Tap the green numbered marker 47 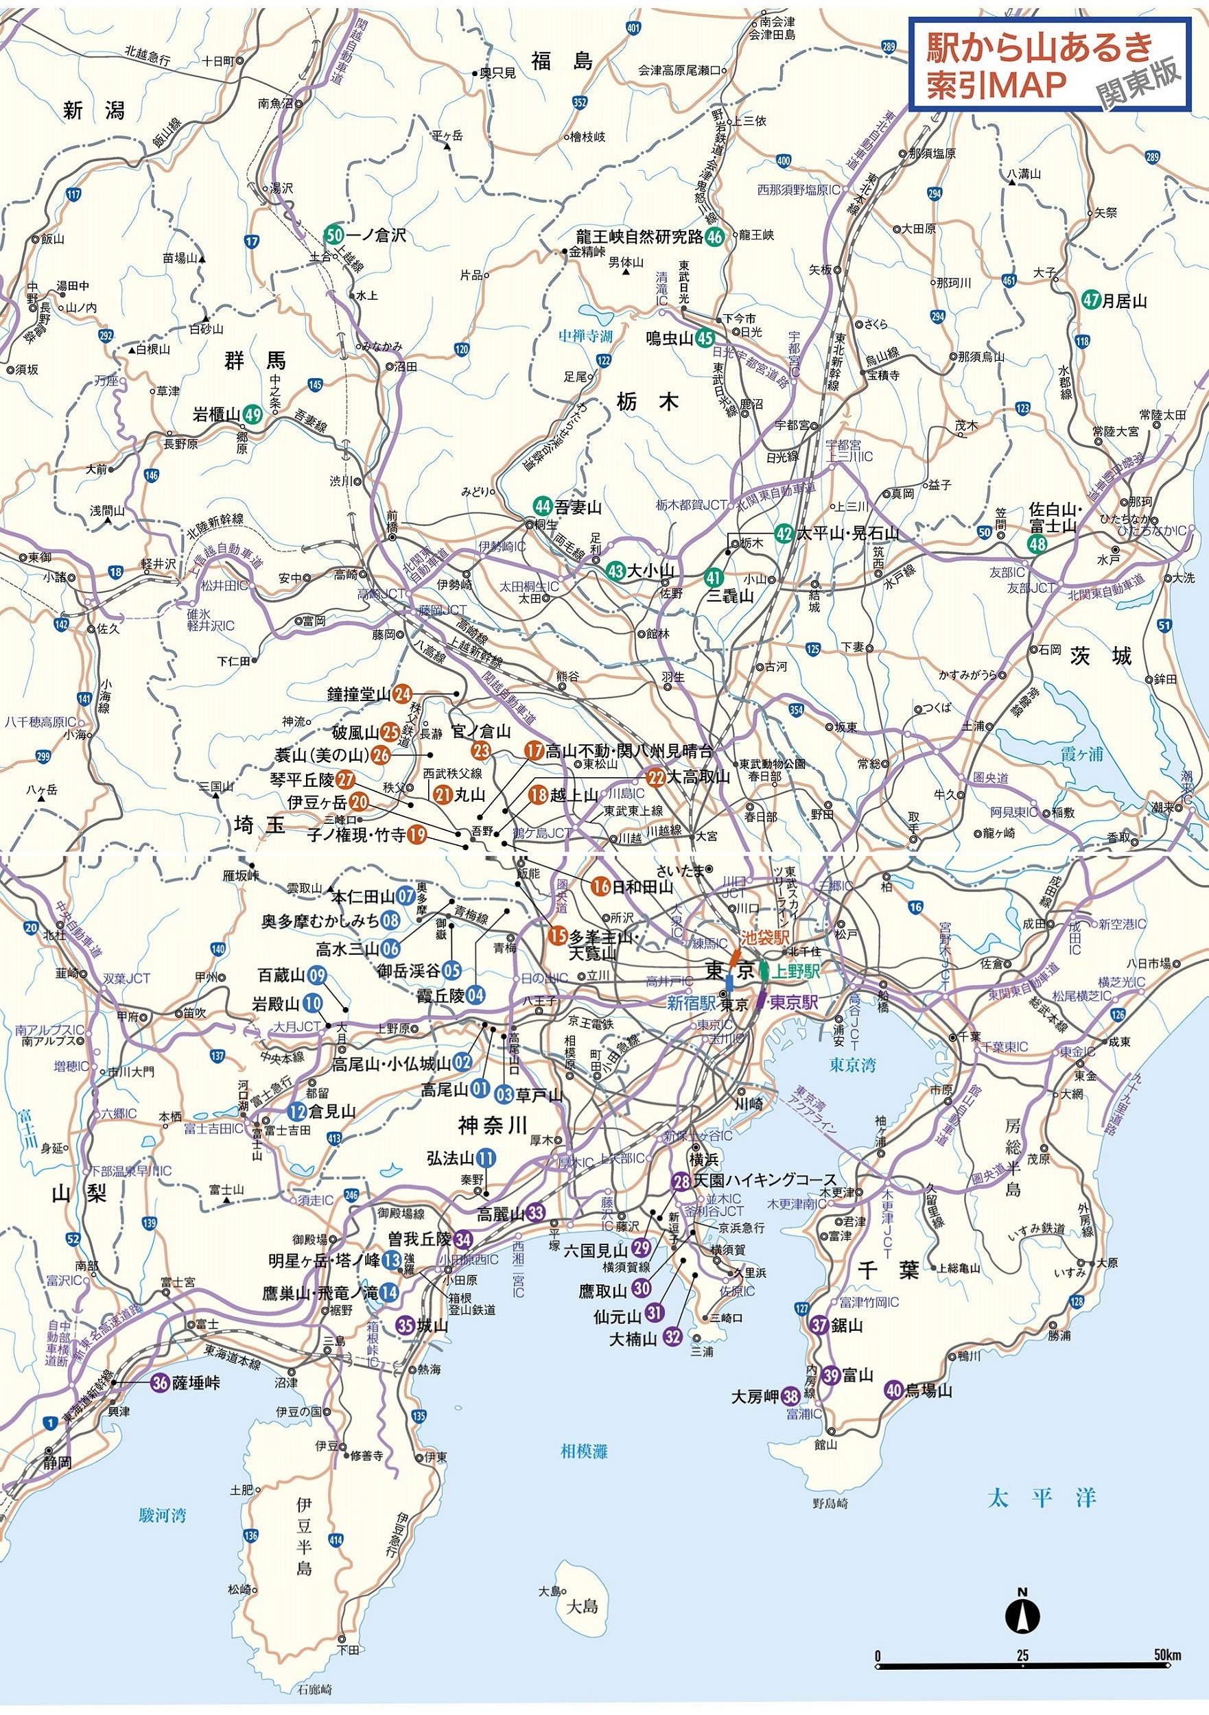[x=1092, y=301]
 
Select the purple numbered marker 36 [x=160, y=1382]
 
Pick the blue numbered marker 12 [x=297, y=1111]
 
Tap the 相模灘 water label [x=585, y=1452]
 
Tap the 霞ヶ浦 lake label [x=1082, y=755]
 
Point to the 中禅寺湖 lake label [x=586, y=337]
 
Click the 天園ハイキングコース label [x=755, y=1180]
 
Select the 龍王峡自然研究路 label [x=639, y=237]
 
